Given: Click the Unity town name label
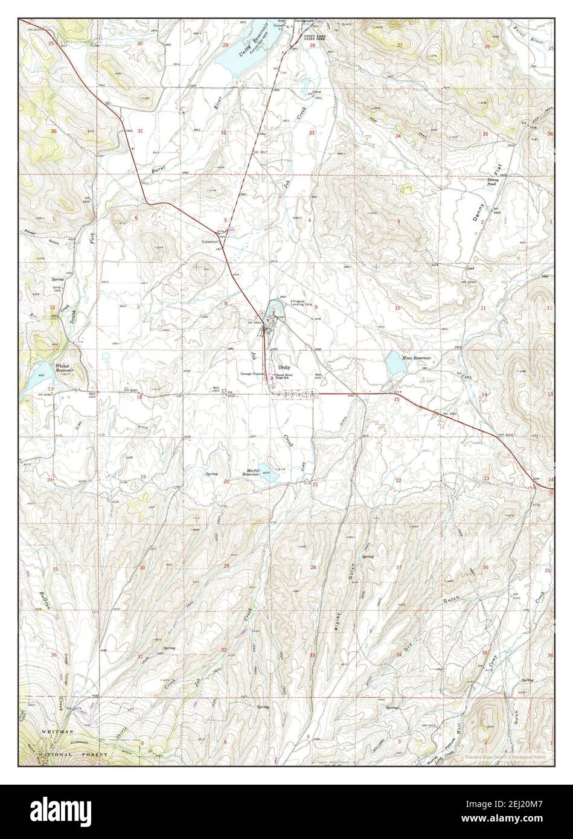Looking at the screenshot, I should tap(284, 367).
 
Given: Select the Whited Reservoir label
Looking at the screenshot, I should tap(63, 368).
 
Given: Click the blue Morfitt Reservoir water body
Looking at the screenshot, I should tap(271, 477).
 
